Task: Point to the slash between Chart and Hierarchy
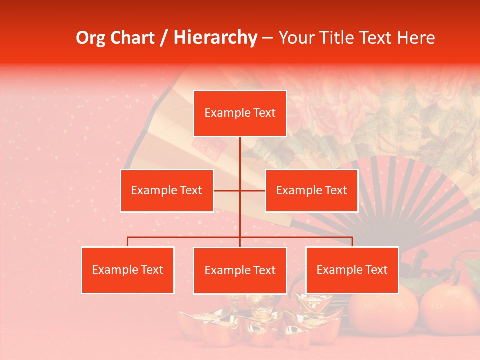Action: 164,38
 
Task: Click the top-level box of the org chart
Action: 240,113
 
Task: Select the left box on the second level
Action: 167,190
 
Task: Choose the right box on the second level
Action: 311,190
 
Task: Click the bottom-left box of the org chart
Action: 128,270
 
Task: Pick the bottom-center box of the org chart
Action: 240,271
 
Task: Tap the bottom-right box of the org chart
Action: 352,270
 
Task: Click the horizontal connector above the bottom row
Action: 185,238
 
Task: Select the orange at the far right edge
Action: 450,310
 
